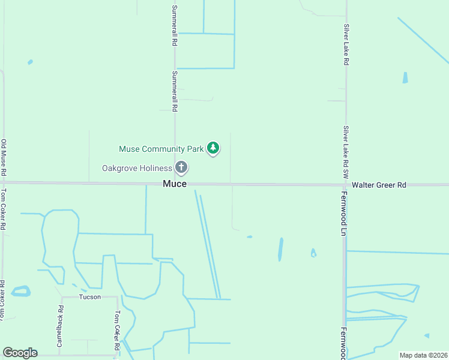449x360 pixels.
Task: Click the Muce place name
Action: [x=175, y=184]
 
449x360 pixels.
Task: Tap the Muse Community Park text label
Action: [x=161, y=148]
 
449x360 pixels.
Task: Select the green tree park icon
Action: [x=212, y=148]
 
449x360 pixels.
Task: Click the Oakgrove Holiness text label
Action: [x=137, y=168]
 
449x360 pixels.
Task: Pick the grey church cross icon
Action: [x=181, y=167]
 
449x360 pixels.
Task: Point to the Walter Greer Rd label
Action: [x=379, y=185]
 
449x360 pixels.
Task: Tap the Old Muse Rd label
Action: [x=4, y=157]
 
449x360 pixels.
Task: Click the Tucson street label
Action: [x=89, y=297]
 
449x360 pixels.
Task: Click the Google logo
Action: [x=20, y=353]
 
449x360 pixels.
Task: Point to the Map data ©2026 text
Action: [x=423, y=355]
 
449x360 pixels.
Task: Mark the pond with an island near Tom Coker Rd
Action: [x=20, y=292]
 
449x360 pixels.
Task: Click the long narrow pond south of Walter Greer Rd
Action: [x=280, y=249]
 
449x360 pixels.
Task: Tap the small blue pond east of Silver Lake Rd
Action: [x=405, y=77]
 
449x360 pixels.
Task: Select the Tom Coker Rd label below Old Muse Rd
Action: [x=4, y=210]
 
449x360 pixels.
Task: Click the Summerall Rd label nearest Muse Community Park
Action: [x=175, y=92]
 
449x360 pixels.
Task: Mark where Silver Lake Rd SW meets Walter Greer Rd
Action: [x=345, y=185]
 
